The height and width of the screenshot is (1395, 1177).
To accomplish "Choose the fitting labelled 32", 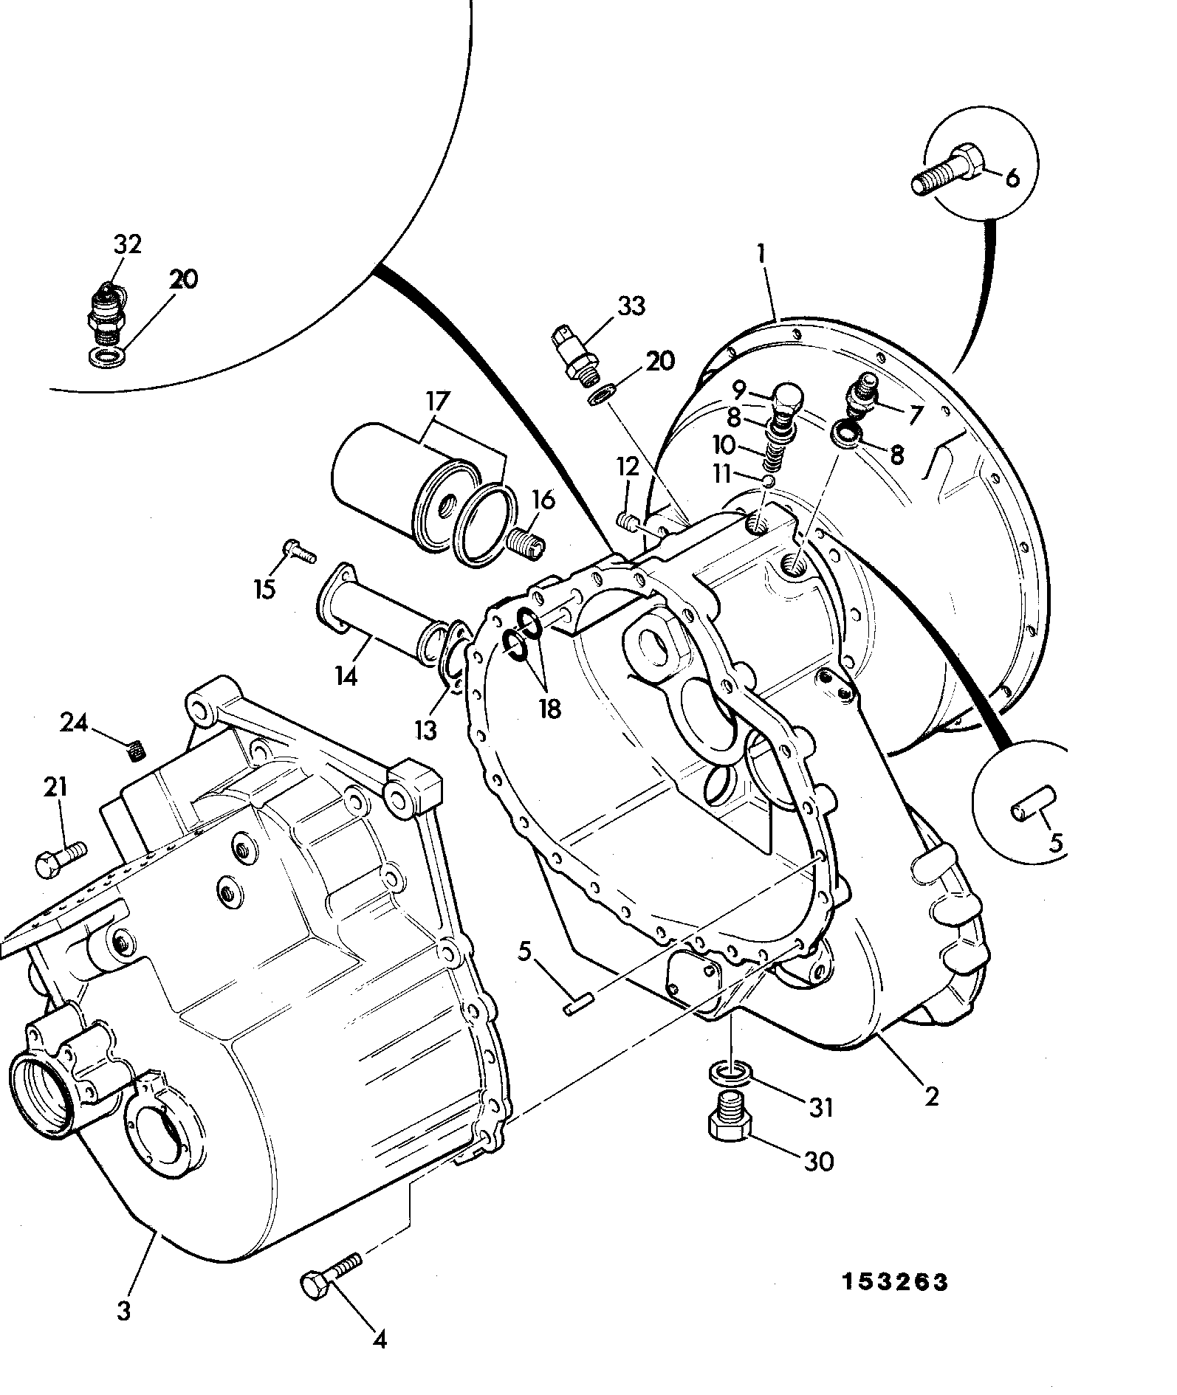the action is click(x=108, y=314).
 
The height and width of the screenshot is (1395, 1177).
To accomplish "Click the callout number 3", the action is click(x=123, y=1312).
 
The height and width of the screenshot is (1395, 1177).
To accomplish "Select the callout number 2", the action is click(x=931, y=1096).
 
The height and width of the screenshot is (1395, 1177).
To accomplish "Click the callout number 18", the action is click(x=549, y=709).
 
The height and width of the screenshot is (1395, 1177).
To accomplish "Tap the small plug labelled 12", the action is click(x=629, y=523).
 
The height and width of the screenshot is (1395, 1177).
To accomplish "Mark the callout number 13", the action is click(x=425, y=731).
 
